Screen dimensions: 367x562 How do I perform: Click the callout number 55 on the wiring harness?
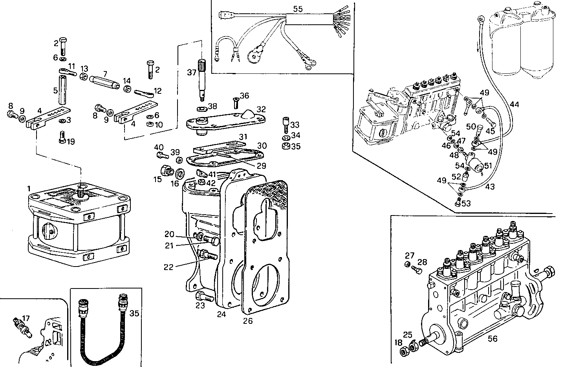[x=298, y=9]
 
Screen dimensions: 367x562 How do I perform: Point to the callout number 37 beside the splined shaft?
[x=191, y=72]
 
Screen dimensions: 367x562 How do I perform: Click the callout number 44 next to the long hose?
[x=514, y=104]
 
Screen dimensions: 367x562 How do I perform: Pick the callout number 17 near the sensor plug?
[x=26, y=318]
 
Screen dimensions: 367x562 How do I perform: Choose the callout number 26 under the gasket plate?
[x=248, y=321]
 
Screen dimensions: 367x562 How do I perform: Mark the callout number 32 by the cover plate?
[x=261, y=109]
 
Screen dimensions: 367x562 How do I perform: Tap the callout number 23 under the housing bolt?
[x=201, y=305]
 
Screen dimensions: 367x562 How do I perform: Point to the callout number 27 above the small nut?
[x=410, y=255]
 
